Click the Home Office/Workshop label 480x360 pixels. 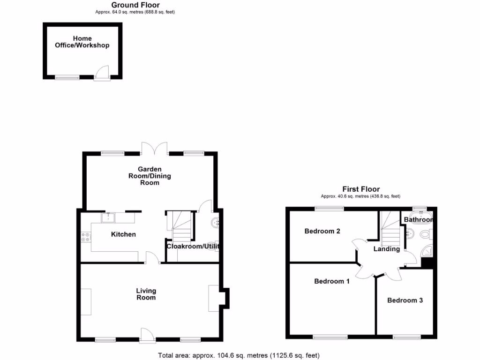coord(82,42)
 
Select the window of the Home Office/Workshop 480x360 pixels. coord(67,77)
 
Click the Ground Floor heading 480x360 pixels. coord(135,5)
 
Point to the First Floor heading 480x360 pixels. coord(360,189)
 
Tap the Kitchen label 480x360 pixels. coord(123,234)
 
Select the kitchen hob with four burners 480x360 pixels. coord(86,237)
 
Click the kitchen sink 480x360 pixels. coord(109,217)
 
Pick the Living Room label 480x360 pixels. coord(146,294)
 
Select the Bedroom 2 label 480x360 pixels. coord(322,231)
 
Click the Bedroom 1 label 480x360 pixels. coord(332,281)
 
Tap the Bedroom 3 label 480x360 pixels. coord(405,300)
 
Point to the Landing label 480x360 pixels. coord(387,249)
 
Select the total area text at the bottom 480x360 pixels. coord(239,355)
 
